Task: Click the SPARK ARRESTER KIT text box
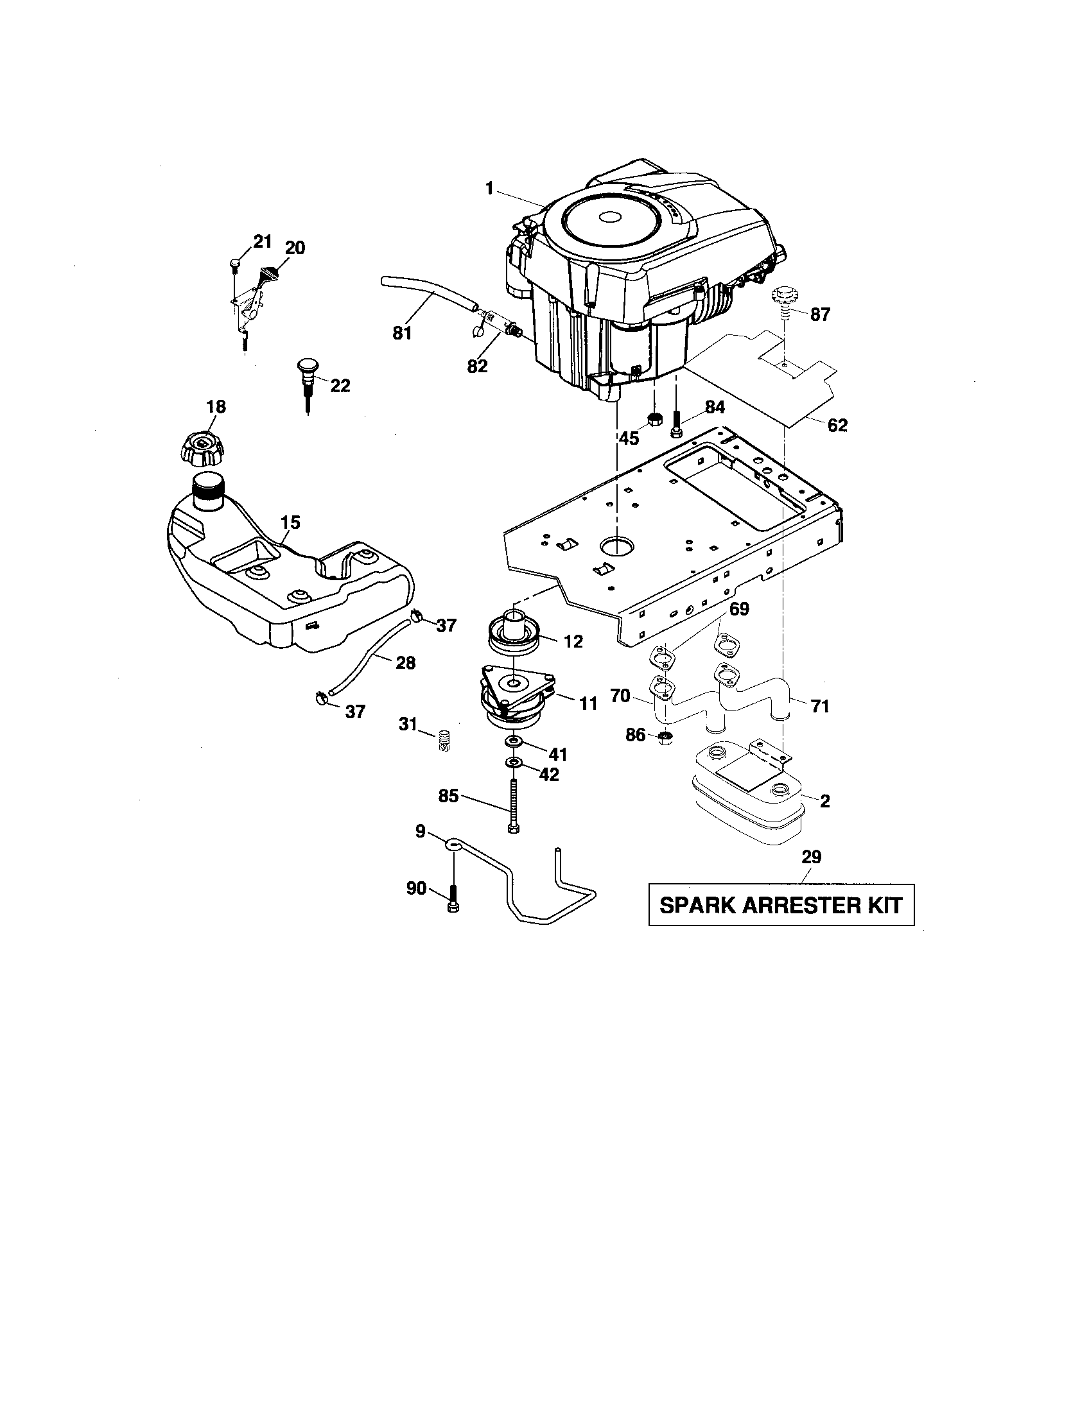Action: (x=781, y=904)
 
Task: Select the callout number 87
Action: (x=820, y=314)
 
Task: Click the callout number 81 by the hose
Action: (x=402, y=333)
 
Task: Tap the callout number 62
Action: (x=837, y=425)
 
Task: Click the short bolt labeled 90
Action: (x=453, y=899)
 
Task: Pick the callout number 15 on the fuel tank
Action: (x=290, y=522)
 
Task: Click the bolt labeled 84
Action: (x=676, y=424)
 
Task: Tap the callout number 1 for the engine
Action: (x=489, y=188)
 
